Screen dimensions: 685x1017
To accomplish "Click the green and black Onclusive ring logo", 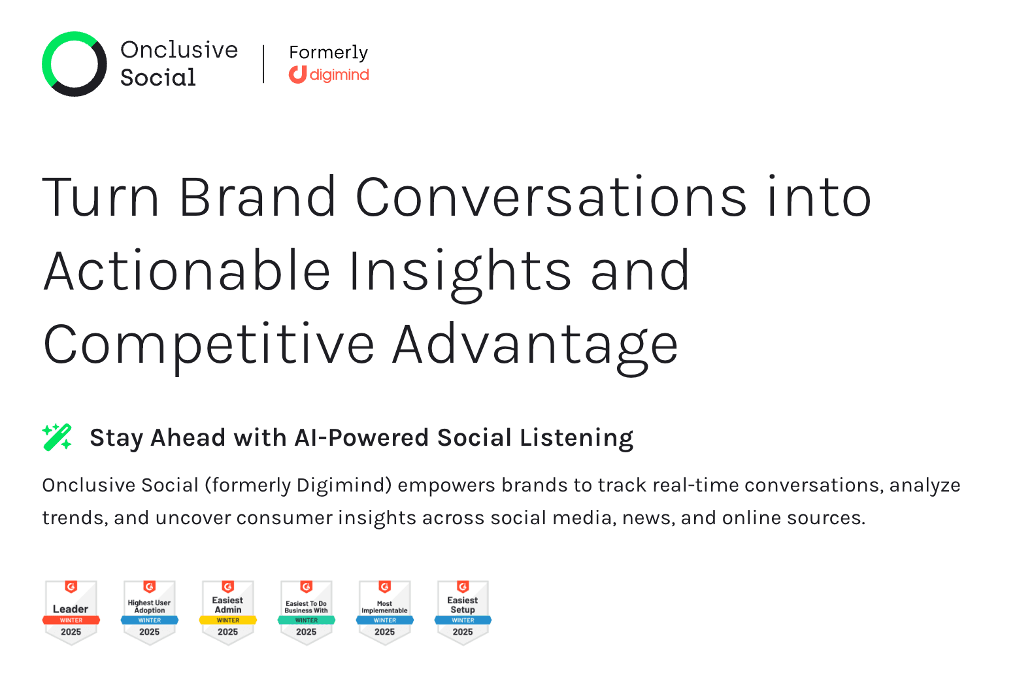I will point(74,64).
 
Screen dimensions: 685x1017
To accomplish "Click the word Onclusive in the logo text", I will point(179,50).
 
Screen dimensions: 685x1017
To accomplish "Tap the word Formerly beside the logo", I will point(328,52).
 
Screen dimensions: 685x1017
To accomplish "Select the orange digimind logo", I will point(329,75).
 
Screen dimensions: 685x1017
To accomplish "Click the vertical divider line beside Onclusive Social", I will point(263,64).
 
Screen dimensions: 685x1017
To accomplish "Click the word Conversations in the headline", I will point(551,197).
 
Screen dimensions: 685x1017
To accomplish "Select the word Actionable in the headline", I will point(187,271).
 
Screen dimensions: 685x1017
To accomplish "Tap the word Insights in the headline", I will point(460,271).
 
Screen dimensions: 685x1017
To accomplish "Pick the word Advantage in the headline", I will point(535,344).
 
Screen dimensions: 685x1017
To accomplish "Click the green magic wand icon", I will point(58,437).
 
